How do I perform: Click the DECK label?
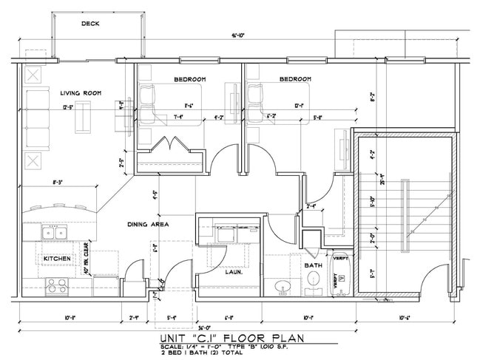[90, 24]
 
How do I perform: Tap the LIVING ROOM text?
[81, 93]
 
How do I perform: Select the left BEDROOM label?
[189, 79]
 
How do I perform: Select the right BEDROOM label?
[295, 79]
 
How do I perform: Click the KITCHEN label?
[57, 258]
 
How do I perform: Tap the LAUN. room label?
[234, 271]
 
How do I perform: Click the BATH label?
[312, 265]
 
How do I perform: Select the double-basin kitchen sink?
[53, 234]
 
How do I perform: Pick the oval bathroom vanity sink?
[283, 285]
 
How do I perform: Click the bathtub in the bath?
[341, 274]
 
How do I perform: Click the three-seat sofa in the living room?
[35, 118]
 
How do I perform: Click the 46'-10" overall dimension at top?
[237, 35]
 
